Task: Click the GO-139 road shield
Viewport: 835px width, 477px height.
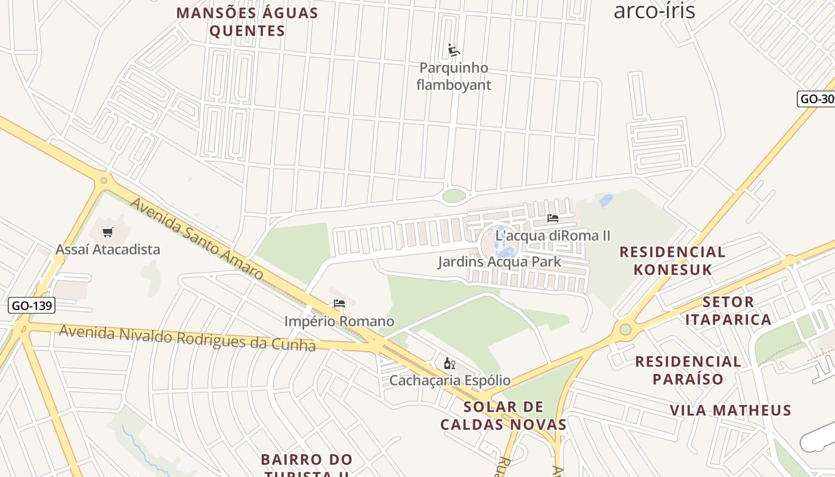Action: click(33, 306)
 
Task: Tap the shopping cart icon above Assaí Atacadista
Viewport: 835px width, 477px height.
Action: click(108, 232)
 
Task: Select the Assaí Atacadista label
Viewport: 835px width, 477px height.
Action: click(108, 249)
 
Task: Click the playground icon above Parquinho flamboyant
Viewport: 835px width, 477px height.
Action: click(454, 50)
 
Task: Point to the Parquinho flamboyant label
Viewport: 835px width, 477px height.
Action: click(454, 76)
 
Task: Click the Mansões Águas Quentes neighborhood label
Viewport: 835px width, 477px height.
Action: click(247, 22)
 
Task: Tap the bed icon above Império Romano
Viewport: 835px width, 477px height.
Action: click(339, 303)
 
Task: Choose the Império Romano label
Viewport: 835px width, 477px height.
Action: click(339, 321)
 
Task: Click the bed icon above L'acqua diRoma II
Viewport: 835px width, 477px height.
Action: click(553, 219)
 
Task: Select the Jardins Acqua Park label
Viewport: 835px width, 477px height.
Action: click(499, 262)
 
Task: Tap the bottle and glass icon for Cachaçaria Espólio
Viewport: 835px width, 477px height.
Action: click(449, 363)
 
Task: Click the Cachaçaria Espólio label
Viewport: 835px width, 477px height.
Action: click(450, 380)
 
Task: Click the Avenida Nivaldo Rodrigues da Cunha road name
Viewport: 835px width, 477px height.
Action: click(187, 338)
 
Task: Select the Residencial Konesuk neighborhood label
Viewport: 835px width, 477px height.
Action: click(673, 261)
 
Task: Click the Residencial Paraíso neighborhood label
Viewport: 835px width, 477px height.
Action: click(688, 370)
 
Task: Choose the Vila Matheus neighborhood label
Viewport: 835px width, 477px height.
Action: click(731, 410)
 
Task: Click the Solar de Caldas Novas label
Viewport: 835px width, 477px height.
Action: click(503, 416)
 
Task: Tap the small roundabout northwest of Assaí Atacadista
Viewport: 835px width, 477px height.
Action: click(104, 179)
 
